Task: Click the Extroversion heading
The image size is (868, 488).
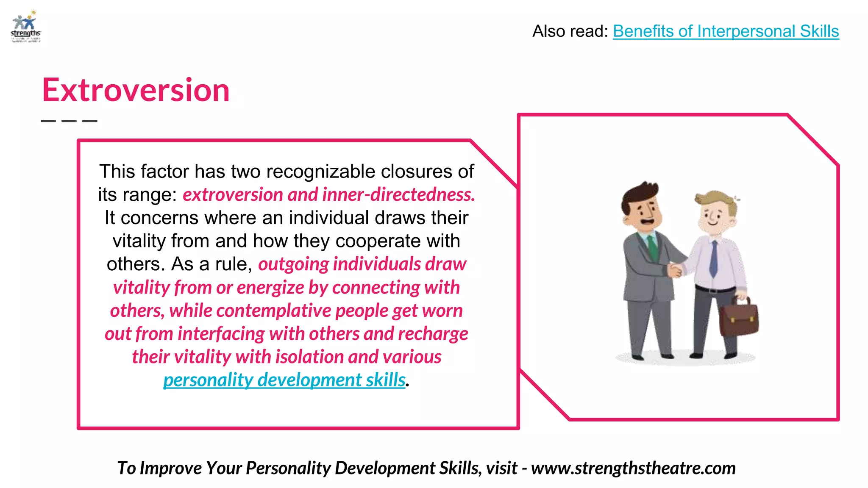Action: coord(136,90)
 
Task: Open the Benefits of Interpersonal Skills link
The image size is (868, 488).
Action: coord(726,31)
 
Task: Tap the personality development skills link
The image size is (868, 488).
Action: coord(284,380)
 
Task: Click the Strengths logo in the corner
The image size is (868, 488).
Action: coord(26,27)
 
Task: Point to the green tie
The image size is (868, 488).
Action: coord(653,248)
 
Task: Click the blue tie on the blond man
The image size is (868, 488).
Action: coord(714,258)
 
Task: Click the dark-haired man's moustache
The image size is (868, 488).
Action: coord(647,221)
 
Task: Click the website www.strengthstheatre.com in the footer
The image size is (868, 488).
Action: coord(633,468)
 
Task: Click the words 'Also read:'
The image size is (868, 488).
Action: coord(570,31)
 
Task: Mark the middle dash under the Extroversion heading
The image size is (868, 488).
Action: coord(69,121)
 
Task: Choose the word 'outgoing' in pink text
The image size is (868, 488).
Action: coord(293,264)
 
